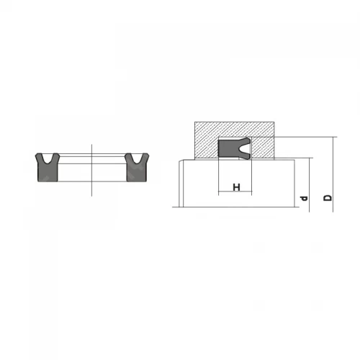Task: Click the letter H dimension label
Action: (236, 187)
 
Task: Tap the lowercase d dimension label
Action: (304, 198)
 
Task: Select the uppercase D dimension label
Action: (328, 198)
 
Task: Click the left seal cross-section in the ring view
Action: (48, 167)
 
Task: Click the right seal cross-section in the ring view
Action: (137, 167)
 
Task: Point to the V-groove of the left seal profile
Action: (48, 158)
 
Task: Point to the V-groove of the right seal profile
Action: (137, 158)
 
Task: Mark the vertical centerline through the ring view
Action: (91, 171)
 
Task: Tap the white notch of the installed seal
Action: (245, 149)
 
